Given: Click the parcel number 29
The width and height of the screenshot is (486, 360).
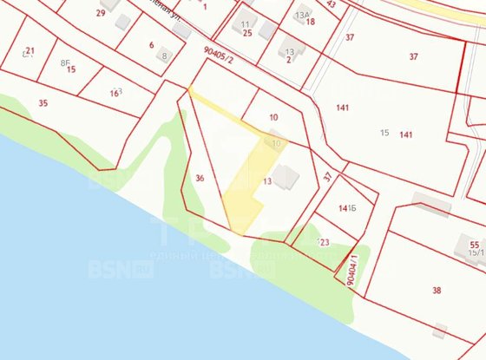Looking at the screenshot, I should [x=101, y=13].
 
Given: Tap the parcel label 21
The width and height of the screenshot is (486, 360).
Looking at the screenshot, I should [x=30, y=51].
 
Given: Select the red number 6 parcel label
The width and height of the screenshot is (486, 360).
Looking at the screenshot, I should [x=151, y=45].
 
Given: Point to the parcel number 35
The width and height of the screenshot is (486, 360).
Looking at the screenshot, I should [x=43, y=102].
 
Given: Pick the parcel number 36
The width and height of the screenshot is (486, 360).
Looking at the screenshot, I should [x=200, y=178].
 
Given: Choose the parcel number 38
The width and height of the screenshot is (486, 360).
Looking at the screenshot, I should [x=437, y=291].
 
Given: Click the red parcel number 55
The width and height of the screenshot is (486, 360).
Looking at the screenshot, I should [x=474, y=245].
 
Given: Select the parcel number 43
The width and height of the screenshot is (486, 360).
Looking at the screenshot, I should [x=332, y=4].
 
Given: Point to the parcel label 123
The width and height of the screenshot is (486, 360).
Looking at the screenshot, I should [x=324, y=242].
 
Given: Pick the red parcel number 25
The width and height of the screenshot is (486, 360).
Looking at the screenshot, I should [x=247, y=33].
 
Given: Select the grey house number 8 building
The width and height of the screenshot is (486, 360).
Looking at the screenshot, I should [x=164, y=56].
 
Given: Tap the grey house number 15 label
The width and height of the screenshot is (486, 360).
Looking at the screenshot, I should [x=384, y=132].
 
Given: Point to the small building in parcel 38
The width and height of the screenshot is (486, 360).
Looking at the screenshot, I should [x=440, y=331].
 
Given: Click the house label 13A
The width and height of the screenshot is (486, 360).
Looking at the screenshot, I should [x=301, y=15].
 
